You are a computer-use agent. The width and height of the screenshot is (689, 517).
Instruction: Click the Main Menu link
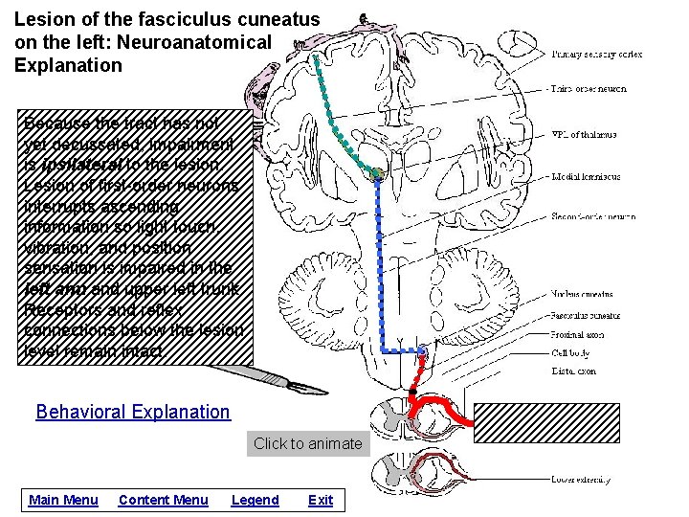(x=63, y=500)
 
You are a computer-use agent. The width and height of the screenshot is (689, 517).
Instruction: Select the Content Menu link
(x=163, y=500)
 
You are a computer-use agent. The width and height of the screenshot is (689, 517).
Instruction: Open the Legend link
(x=255, y=500)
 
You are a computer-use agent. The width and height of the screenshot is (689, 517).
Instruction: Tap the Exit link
(x=321, y=500)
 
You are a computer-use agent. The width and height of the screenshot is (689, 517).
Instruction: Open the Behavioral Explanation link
(x=133, y=412)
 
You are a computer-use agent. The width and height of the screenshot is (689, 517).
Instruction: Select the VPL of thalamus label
(x=584, y=135)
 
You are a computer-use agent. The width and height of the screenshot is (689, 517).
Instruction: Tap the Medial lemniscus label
(x=586, y=176)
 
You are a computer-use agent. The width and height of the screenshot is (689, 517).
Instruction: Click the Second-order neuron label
(x=593, y=216)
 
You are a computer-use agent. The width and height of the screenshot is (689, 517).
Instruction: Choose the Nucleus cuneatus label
(x=582, y=294)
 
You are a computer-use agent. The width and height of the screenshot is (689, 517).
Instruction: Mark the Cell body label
(x=570, y=353)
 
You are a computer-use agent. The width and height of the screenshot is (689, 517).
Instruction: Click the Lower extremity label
(x=583, y=479)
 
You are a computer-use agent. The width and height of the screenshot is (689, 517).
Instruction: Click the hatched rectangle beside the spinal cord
(x=580, y=422)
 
